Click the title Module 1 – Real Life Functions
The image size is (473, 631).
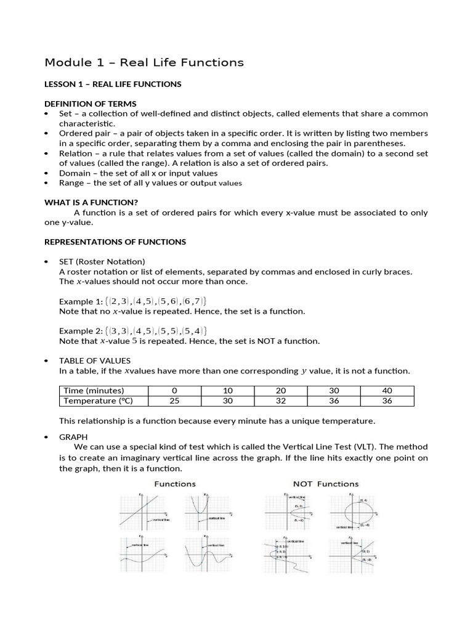pos(144,62)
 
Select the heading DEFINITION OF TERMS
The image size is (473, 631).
pos(91,104)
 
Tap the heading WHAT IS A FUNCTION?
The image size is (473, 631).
pos(91,202)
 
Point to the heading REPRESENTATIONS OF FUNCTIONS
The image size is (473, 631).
pos(115,242)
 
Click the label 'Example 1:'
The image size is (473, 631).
pos(80,301)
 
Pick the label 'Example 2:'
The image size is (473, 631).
pos(80,331)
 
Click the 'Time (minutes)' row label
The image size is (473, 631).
pos(92,391)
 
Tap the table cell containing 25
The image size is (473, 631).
pos(174,401)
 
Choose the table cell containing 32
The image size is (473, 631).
pos(281,401)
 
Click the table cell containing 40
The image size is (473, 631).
pos(387,391)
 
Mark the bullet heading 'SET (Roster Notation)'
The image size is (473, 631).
pos(102,261)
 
